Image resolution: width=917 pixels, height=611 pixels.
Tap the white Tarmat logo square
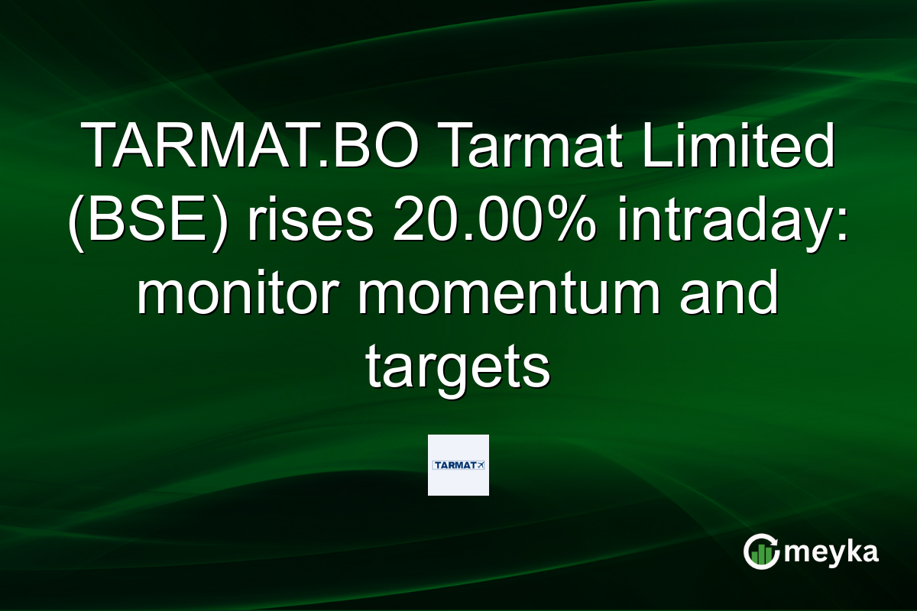458,465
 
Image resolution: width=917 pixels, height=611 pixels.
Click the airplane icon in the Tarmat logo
480,464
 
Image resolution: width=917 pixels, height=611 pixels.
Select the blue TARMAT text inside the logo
453,464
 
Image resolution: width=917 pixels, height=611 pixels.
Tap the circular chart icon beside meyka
762,551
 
